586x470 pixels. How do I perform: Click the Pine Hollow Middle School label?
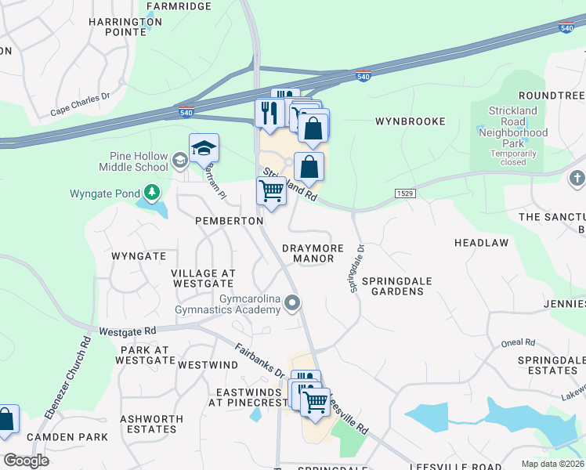[x=133, y=161]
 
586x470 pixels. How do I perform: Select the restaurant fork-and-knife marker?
[x=269, y=113]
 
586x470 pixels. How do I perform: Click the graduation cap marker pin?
[x=204, y=148]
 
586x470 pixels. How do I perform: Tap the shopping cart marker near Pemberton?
[x=272, y=190]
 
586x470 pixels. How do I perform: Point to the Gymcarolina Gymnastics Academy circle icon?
[x=293, y=302]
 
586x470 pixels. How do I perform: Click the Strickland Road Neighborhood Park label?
[x=513, y=127]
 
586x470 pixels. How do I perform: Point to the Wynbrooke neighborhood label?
[x=410, y=121]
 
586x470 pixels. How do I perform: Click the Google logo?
[x=26, y=460]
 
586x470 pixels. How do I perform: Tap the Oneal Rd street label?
[x=519, y=342]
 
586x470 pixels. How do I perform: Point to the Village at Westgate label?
[x=203, y=279]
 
